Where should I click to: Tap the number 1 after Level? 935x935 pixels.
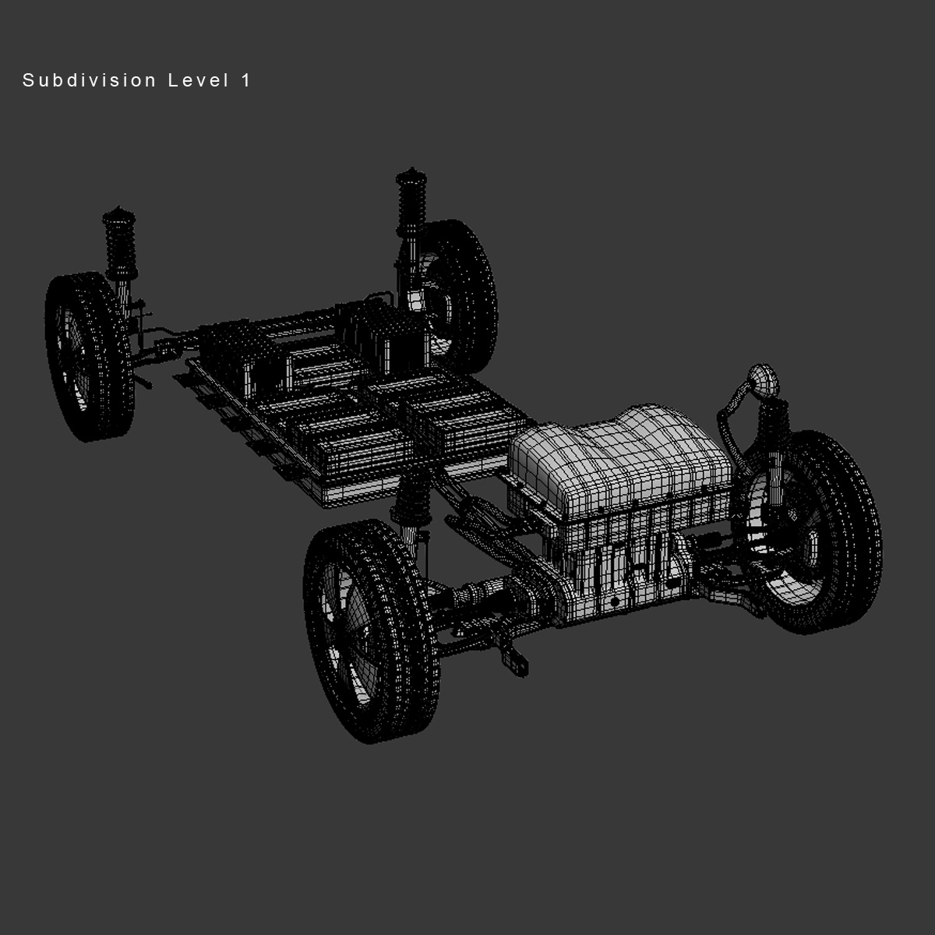(x=246, y=80)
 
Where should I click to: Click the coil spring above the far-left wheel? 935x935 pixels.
(x=118, y=249)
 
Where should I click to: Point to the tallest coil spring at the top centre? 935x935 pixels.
(x=409, y=203)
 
